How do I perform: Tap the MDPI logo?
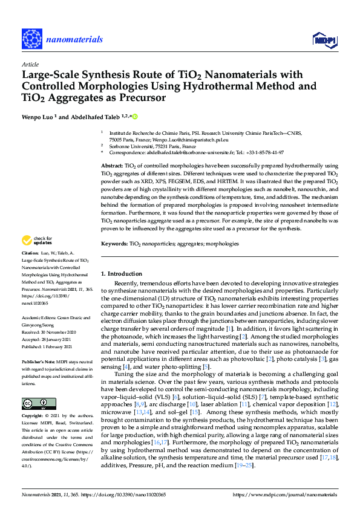[324, 40]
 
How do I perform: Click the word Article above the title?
[30, 63]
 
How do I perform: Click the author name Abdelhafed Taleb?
[99, 116]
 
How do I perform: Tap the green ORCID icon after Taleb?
[134, 116]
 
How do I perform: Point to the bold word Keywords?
[114, 244]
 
